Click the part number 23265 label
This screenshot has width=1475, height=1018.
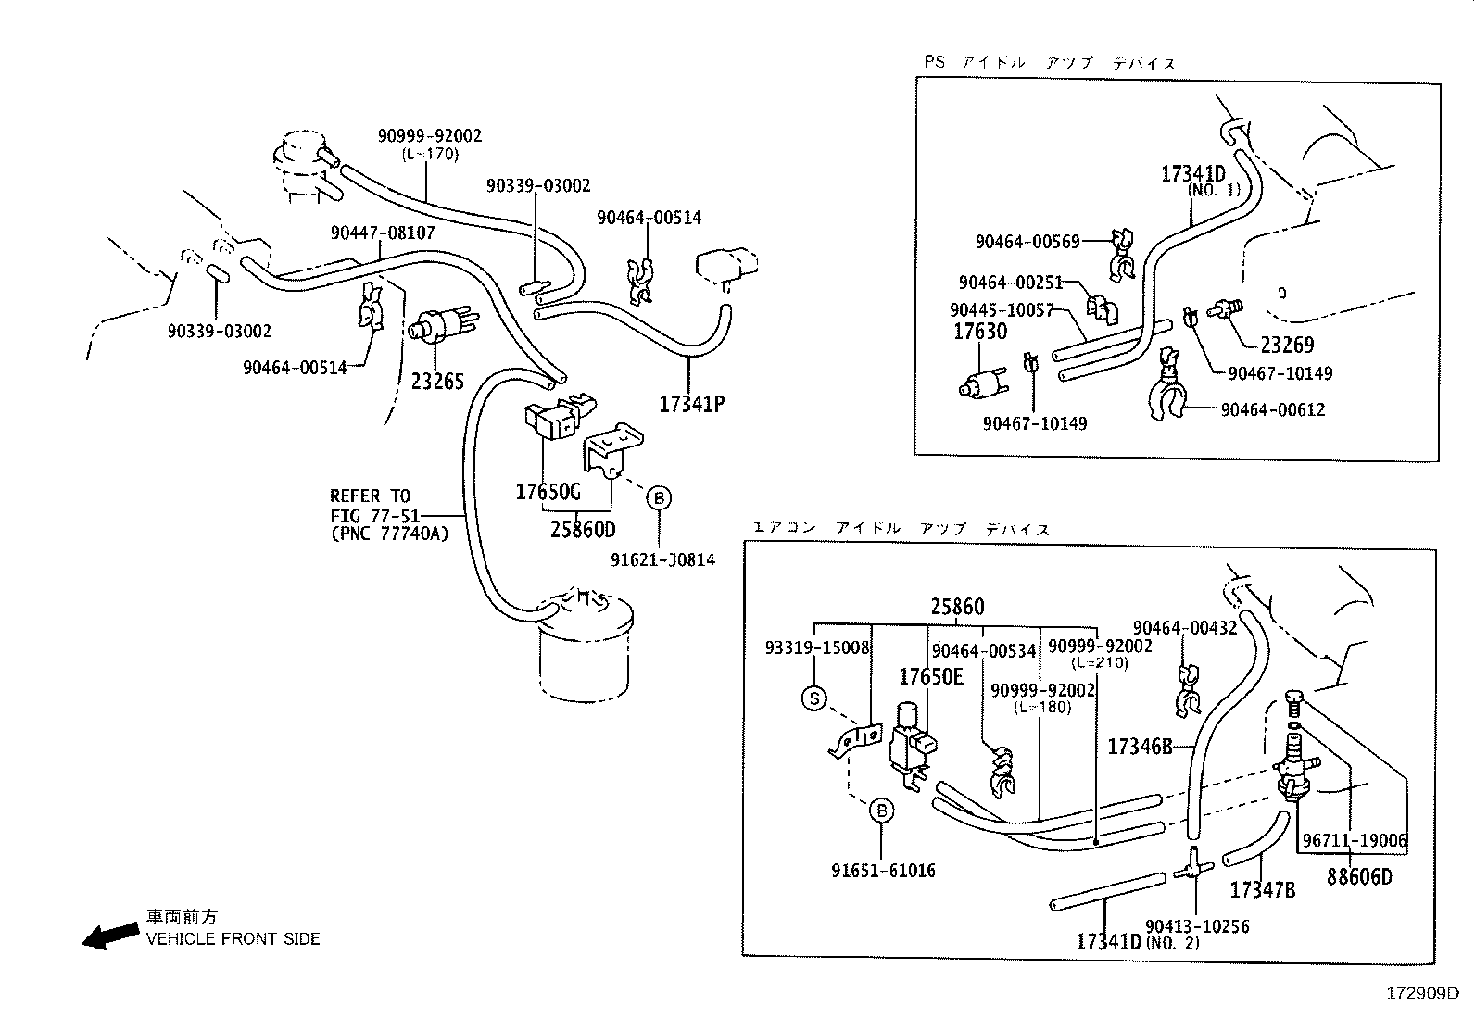coord(437,381)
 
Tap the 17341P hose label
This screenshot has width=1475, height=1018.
coord(691,404)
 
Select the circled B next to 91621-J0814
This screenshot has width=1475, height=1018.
coord(659,498)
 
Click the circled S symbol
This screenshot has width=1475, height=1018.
coord(813,698)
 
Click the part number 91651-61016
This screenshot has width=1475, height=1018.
coord(883,871)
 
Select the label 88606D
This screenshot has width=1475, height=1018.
coord(1359,876)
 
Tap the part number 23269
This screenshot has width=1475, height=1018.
coord(1287,345)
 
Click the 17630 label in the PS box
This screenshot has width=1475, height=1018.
coord(980,331)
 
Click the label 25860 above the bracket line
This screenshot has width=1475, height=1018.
coord(957,607)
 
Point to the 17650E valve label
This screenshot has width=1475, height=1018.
coord(930,676)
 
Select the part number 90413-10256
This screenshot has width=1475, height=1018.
coord(1196,926)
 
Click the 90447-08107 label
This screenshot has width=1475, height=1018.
coord(383,233)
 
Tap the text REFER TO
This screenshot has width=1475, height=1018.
coord(370,496)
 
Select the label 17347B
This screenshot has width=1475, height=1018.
coord(1262,890)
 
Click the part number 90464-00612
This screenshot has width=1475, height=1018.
coord(1272,409)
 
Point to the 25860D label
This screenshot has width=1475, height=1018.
coord(582,530)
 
